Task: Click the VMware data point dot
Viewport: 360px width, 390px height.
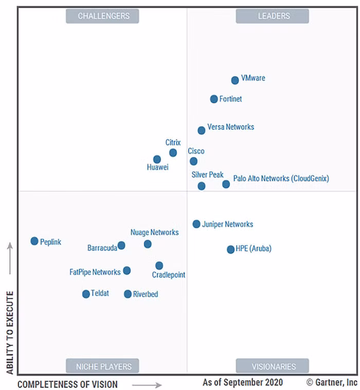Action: tap(235, 80)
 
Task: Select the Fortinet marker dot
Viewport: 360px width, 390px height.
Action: tap(214, 99)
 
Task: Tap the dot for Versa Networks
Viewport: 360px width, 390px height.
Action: tap(202, 131)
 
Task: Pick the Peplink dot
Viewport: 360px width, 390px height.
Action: tap(34, 241)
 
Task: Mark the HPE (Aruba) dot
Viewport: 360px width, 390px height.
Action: tap(231, 250)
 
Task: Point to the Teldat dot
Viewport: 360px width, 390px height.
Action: tap(86, 294)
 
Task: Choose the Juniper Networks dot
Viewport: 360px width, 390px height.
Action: tap(196, 224)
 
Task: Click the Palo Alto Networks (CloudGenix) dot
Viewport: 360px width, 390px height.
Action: tap(226, 184)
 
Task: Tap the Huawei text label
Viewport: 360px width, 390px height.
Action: tap(158, 167)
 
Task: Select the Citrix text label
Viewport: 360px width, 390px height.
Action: tap(173, 143)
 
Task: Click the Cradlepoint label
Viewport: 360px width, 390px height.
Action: tap(169, 275)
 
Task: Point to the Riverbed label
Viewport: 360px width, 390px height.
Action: tap(146, 294)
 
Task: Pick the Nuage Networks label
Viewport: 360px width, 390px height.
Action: tap(154, 233)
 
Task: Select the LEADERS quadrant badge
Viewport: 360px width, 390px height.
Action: tap(272, 16)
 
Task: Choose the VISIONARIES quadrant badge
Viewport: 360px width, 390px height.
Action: tap(272, 366)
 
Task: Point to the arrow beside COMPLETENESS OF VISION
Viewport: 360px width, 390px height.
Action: tap(147, 384)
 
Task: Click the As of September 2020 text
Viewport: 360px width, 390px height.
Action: tap(243, 383)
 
